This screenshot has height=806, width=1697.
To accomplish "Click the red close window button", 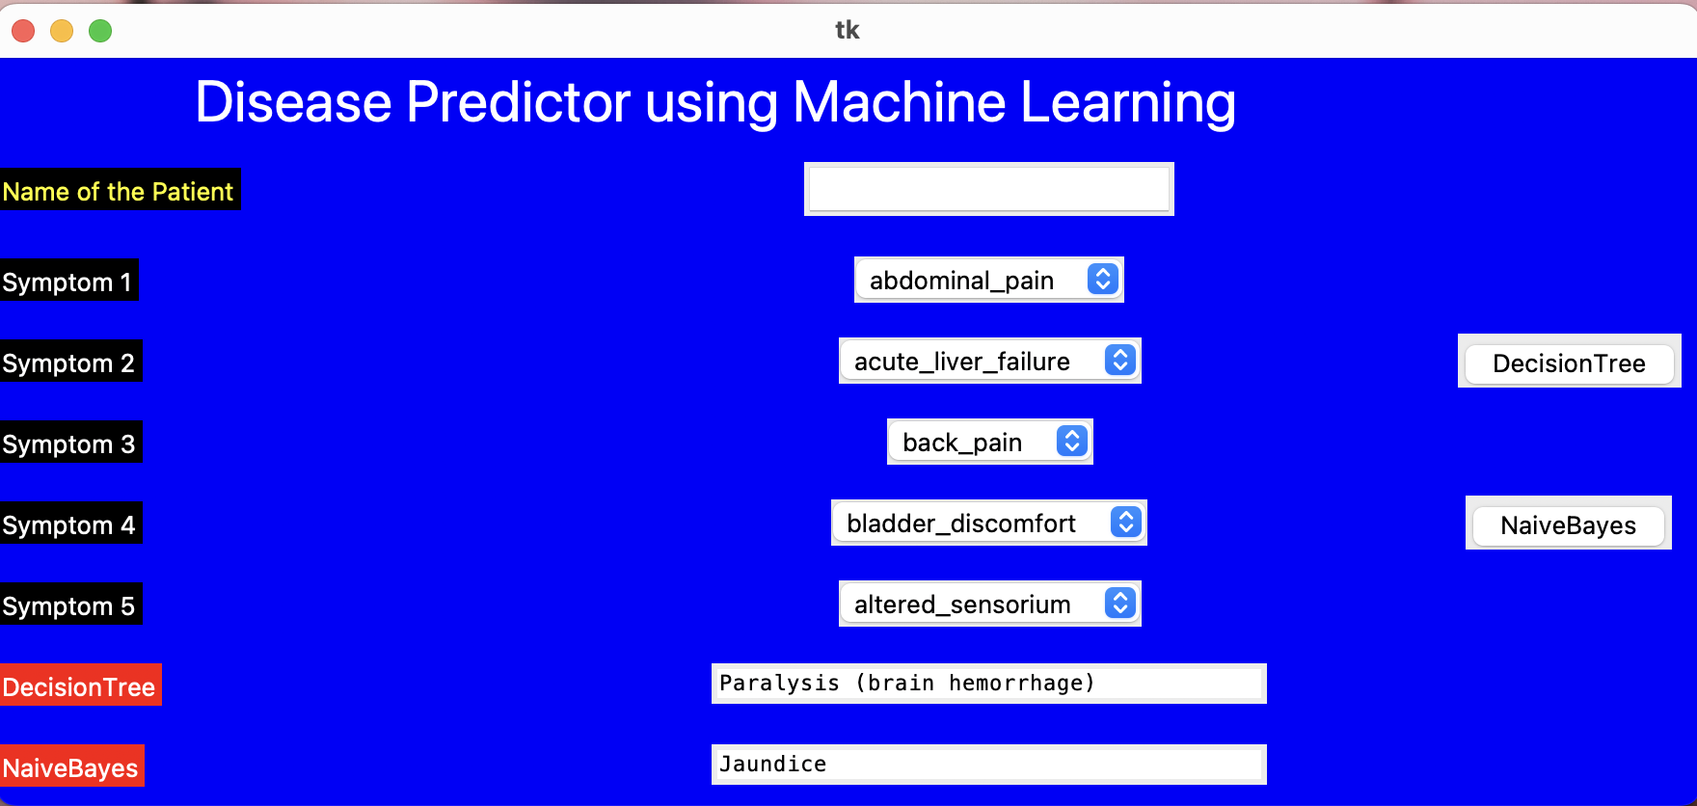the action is pyautogui.click(x=23, y=31).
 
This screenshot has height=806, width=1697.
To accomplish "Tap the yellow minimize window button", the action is pyautogui.click(x=62, y=31).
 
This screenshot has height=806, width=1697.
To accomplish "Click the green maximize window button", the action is pyautogui.click(x=100, y=31).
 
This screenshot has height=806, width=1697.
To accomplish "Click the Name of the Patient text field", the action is pyautogui.click(x=989, y=189).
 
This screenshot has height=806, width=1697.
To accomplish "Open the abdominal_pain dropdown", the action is pyautogui.click(x=989, y=280).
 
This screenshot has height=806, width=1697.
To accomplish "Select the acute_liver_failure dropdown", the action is pyautogui.click(x=990, y=361).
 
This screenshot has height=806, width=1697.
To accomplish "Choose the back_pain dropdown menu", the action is pyautogui.click(x=990, y=442).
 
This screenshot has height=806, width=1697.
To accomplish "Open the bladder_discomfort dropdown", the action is pyautogui.click(x=989, y=523).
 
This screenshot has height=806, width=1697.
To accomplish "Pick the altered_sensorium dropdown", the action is pyautogui.click(x=990, y=604).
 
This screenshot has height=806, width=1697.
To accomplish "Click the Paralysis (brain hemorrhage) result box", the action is pyautogui.click(x=989, y=684).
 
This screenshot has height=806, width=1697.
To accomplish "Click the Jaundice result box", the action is pyautogui.click(x=989, y=765).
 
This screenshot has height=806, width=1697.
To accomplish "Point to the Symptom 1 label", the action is pyautogui.click(x=68, y=281).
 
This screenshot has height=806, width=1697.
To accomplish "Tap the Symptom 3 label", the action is pyautogui.click(x=70, y=443).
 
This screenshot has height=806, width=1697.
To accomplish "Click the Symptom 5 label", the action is pyautogui.click(x=70, y=604).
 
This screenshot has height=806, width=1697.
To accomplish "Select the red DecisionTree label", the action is pyautogui.click(x=80, y=685).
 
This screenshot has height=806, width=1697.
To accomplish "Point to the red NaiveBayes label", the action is pyautogui.click(x=71, y=766).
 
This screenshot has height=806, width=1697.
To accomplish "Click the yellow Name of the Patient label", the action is pyautogui.click(x=120, y=190).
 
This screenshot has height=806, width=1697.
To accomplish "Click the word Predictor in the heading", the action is pyautogui.click(x=519, y=102).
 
